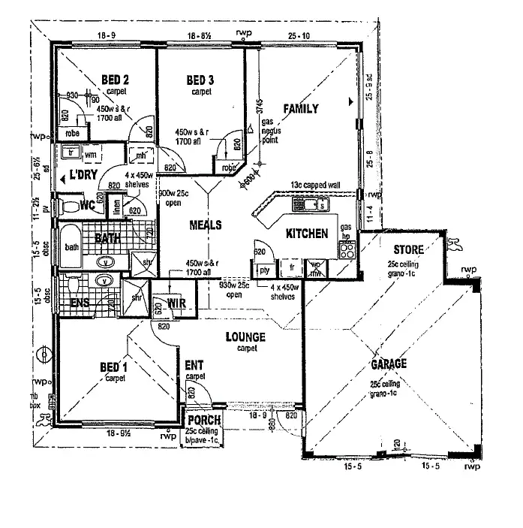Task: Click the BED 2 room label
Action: pos(116,80)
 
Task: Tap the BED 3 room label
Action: pos(201,80)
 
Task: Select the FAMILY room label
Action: pos(300,109)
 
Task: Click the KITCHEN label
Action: pos(307,234)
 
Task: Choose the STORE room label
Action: pos(408,249)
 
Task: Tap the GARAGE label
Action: pos(388,364)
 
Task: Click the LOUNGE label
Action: pos(246,338)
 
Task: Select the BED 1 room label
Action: pos(115,368)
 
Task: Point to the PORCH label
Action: pos(203,421)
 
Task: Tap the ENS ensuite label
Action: pos(80,303)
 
